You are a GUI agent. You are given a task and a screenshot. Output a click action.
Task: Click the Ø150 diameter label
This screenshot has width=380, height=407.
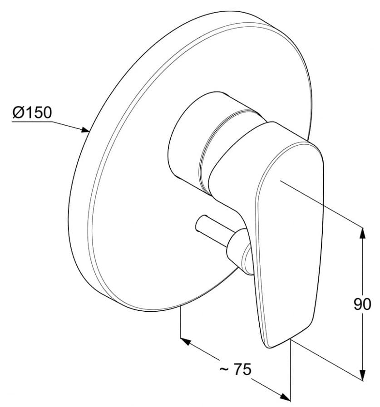(x=32, y=112)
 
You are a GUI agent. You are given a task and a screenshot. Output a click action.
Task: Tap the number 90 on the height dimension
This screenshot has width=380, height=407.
(x=362, y=304)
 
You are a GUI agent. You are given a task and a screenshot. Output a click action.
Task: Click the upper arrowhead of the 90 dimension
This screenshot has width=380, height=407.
(x=362, y=232)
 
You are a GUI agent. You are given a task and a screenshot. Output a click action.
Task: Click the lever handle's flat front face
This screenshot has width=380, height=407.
(x=291, y=236)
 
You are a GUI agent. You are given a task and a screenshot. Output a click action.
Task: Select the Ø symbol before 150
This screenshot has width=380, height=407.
(x=18, y=112)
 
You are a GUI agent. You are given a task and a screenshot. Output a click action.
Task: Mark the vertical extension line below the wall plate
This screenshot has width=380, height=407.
(x=181, y=322)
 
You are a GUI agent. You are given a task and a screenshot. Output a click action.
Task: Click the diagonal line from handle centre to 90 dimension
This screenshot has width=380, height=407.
(x=322, y=204)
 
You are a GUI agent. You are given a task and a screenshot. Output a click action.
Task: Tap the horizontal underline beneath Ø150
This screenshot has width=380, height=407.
(x=32, y=121)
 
